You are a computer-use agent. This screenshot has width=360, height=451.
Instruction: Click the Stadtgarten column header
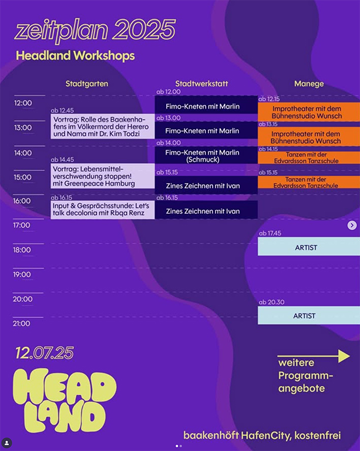point(87,84)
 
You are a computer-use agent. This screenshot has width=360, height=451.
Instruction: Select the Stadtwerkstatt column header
point(201,84)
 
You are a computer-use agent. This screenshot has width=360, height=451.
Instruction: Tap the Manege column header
point(309,84)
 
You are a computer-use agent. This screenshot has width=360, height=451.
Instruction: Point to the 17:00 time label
point(22,225)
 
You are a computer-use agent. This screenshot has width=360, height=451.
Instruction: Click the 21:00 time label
point(22,324)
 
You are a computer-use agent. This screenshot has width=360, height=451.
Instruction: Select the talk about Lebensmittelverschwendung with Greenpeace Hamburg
point(103,176)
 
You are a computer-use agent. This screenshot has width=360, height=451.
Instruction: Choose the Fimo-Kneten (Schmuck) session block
point(206,156)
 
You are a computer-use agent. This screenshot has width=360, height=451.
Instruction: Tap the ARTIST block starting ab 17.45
point(309,247)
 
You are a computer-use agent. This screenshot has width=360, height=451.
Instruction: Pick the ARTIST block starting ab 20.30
point(309,315)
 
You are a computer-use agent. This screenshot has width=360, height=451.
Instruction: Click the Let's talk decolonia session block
point(103,210)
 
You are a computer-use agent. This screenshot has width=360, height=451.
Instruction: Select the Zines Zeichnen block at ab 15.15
point(206,185)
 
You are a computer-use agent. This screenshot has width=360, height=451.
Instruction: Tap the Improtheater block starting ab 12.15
point(309,112)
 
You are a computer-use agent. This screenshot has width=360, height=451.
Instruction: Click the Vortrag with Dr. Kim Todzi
point(103,126)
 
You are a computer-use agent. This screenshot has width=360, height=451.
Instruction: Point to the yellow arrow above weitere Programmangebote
point(314,356)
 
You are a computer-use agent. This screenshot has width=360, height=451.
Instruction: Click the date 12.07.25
point(45,353)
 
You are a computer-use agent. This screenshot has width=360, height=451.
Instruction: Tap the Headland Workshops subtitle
point(75,56)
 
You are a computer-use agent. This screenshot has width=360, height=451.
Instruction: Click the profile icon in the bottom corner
point(6,443)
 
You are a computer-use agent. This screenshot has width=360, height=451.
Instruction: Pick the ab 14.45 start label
point(62,160)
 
